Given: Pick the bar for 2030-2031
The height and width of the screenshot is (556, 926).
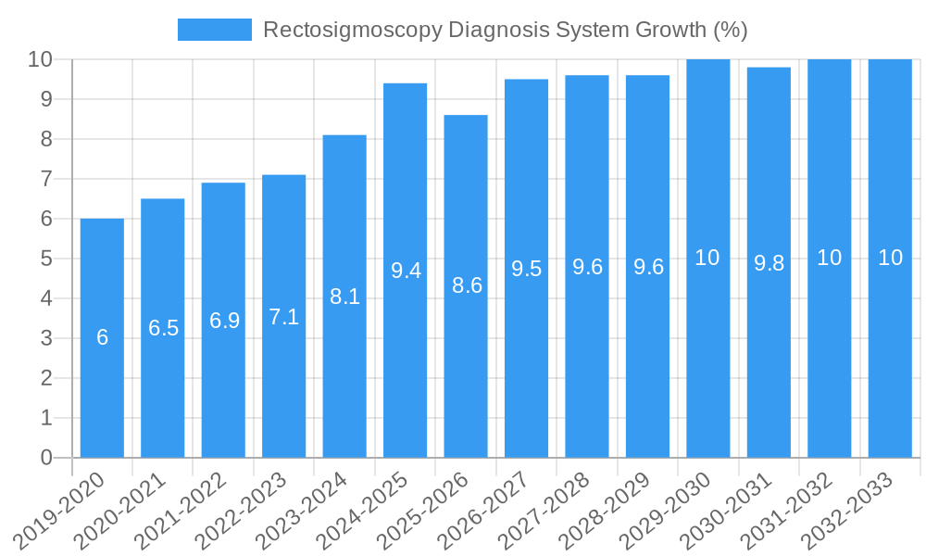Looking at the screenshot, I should click(x=770, y=352).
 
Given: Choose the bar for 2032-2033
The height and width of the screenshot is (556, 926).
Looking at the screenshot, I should click(x=891, y=352).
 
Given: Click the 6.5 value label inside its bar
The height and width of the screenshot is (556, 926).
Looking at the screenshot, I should click(x=164, y=328).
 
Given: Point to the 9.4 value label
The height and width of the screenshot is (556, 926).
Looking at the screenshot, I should click(x=407, y=271).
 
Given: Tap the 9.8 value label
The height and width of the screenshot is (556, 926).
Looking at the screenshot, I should click(x=770, y=263).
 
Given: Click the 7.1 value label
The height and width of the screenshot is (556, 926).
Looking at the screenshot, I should click(x=284, y=317).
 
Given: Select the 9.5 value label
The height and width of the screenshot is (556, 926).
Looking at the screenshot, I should click(x=527, y=269).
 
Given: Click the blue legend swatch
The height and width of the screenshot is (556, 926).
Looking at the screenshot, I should click(x=214, y=30).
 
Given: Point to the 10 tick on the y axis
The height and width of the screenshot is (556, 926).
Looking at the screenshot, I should click(x=40, y=59).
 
